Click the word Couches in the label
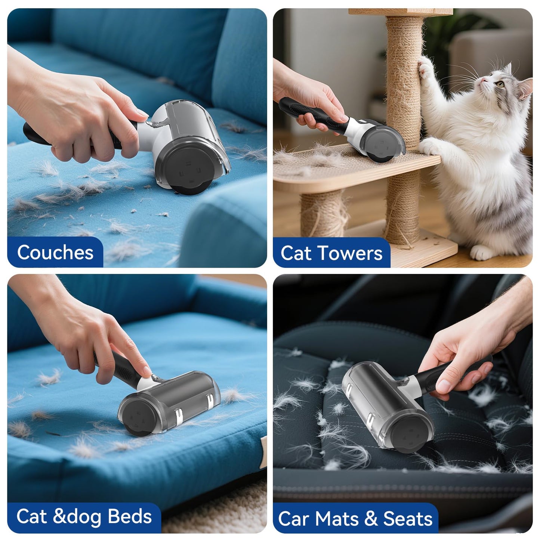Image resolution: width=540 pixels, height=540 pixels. coord(55,253)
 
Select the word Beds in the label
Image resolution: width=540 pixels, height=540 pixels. coord(130,516)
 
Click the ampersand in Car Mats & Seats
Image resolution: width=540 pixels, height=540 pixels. coord(371,519)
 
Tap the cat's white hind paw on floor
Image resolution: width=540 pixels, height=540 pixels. coord(482,253)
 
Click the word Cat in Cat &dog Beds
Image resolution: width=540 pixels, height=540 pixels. coord(31,516)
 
